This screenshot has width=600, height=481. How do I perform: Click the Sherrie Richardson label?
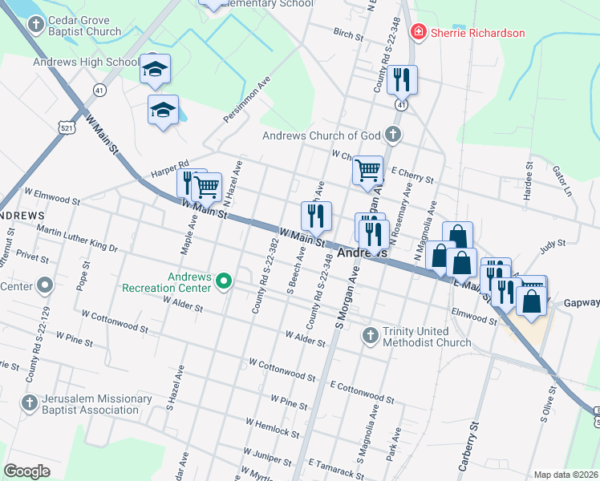coord(478,33)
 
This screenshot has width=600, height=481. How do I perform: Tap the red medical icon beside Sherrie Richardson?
coord(418,33)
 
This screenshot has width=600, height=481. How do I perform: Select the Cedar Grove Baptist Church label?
coord(84,26)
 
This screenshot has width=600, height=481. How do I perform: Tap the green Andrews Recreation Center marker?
coord(225,281)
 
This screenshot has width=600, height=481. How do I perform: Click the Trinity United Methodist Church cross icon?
coord(370,335)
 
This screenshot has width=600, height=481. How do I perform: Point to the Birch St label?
coord(348,34)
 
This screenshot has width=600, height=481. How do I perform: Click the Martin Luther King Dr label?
coord(77,238)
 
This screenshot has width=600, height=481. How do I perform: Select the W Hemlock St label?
coord(273,426)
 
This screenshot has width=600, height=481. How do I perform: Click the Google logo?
coord(27,471)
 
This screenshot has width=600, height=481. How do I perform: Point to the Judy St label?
coord(553,244)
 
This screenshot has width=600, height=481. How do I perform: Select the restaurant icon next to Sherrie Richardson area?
coord(401,79)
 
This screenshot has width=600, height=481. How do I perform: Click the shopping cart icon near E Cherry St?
coord(367,170)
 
